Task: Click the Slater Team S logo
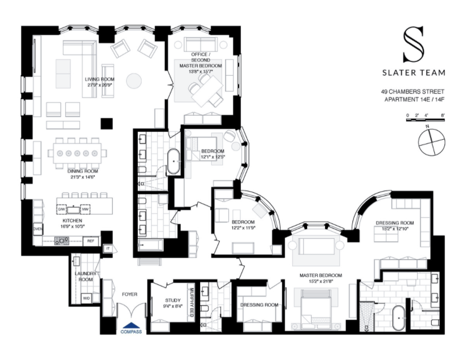tap(414, 45)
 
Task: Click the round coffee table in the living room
tap(135, 80)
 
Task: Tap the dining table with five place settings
tap(77, 154)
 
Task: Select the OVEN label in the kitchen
tap(38, 229)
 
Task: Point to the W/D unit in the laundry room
tap(86, 298)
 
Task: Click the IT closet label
tap(107, 248)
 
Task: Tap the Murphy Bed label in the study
tap(193, 303)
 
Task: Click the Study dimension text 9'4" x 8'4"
tap(169, 305)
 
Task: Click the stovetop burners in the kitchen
tap(61, 241)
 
